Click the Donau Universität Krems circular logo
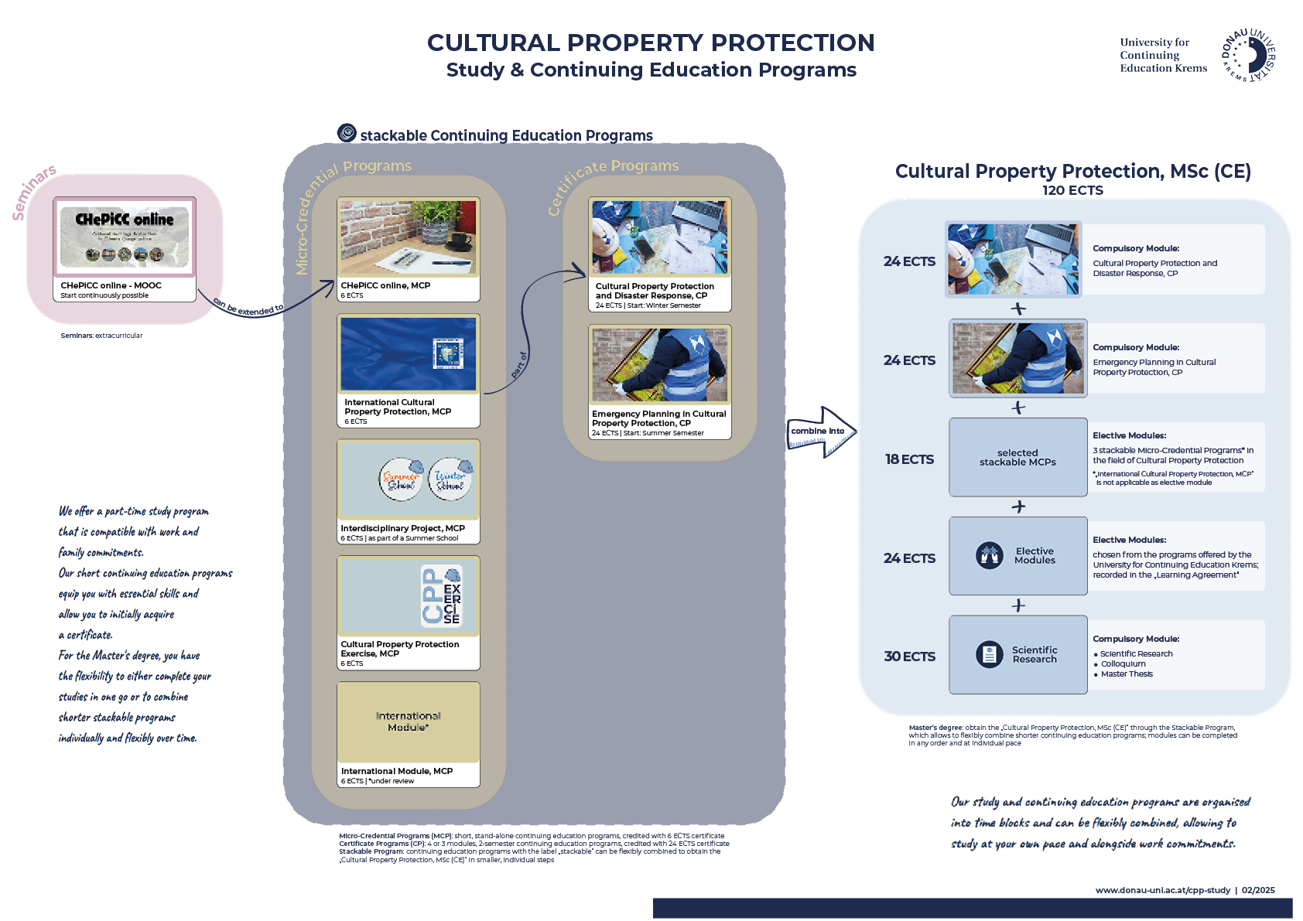point(1249,56)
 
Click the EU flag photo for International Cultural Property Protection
point(408,354)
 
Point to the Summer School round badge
point(401,479)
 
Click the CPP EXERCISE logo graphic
point(441,595)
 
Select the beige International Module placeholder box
point(408,721)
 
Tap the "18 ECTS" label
point(909,459)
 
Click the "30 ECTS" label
point(909,657)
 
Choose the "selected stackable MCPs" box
point(1017,458)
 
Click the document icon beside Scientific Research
point(989,655)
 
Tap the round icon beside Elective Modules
point(989,555)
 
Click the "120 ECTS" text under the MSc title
point(1072,190)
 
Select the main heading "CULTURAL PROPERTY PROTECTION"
point(651,43)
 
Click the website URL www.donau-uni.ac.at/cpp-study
point(1162,890)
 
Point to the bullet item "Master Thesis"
point(1127,674)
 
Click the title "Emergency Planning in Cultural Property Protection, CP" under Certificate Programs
point(658,418)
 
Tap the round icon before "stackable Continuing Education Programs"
point(347,133)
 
